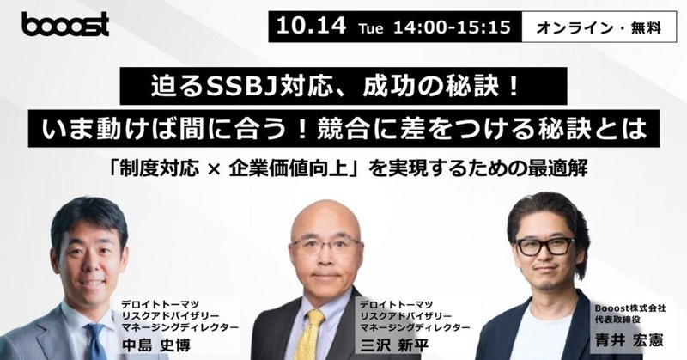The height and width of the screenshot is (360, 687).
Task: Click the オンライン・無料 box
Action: (611, 27)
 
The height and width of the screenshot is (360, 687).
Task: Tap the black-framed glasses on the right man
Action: (544, 247)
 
